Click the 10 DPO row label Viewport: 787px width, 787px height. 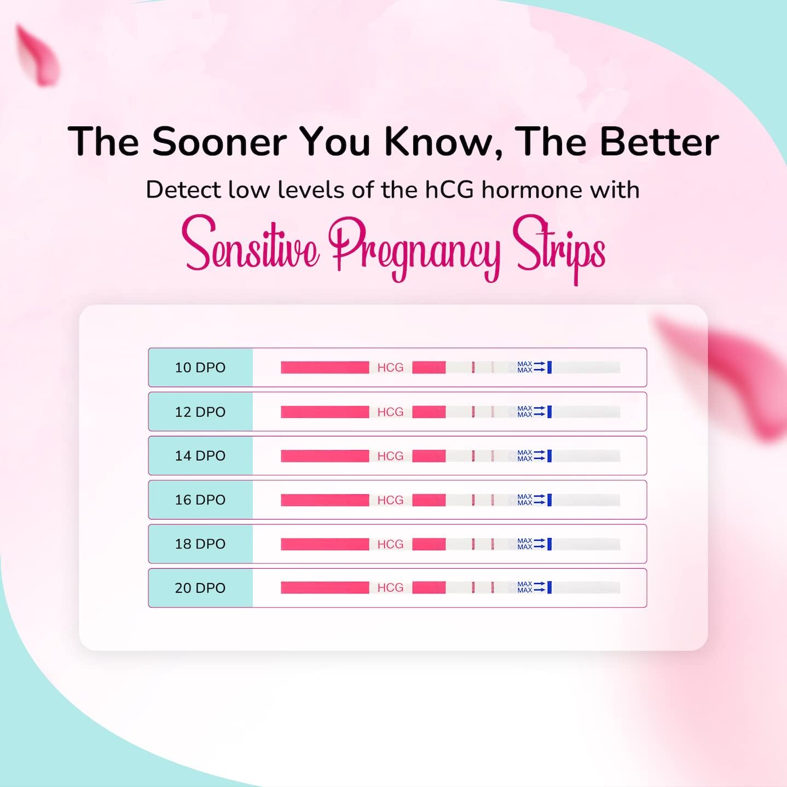tap(200, 368)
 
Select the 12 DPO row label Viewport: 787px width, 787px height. tap(200, 412)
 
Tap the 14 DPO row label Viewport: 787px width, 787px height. tap(200, 456)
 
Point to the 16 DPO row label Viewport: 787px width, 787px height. tap(200, 500)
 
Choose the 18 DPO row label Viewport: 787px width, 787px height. tap(200, 544)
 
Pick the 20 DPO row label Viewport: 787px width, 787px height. tap(200, 588)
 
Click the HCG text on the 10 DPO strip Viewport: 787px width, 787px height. tap(390, 368)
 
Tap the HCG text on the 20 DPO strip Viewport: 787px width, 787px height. tap(390, 588)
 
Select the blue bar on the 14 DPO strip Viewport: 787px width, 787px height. tap(549, 456)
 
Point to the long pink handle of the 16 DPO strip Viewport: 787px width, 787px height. tap(325, 500)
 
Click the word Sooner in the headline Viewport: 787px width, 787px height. tap(219, 142)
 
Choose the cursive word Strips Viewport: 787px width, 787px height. tap(559, 246)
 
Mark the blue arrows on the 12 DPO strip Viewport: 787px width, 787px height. tap(539, 412)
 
